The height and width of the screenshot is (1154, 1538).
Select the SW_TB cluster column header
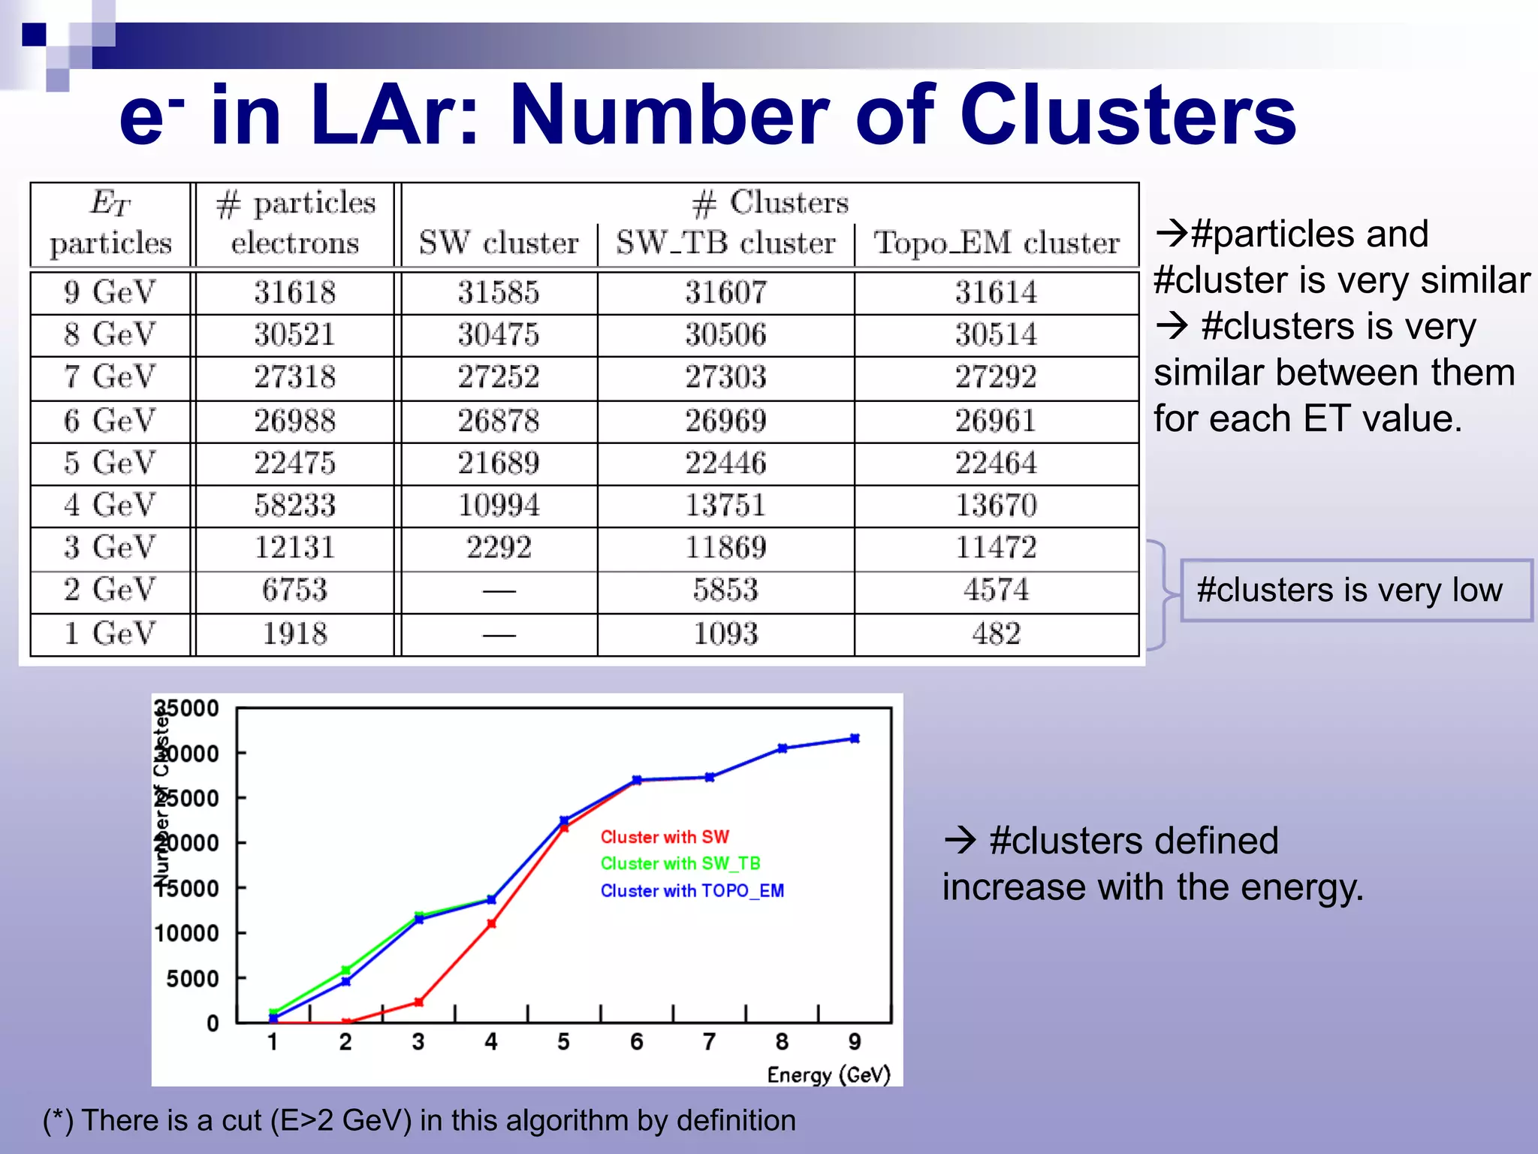click(x=725, y=243)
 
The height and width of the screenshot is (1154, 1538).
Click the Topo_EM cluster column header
click(x=997, y=243)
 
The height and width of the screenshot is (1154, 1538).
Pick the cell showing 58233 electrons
click(x=294, y=505)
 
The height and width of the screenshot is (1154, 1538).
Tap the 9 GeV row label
click(x=110, y=292)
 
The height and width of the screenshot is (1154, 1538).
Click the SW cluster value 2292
click(x=499, y=548)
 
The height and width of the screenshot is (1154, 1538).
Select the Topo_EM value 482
click(x=997, y=634)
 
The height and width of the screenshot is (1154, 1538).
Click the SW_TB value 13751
click(x=725, y=505)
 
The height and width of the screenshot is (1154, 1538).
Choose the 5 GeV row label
click(x=110, y=463)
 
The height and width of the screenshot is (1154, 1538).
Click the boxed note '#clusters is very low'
click(x=1350, y=591)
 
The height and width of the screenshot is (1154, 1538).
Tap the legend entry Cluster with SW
click(x=665, y=837)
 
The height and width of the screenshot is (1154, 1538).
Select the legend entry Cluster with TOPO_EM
click(x=692, y=891)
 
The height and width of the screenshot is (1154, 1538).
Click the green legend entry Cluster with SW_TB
click(x=680, y=864)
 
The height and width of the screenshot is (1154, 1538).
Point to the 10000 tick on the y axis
click(x=187, y=934)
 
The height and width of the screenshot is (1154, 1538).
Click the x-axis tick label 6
click(x=636, y=1042)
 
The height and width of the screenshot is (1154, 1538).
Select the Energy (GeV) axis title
click(x=828, y=1075)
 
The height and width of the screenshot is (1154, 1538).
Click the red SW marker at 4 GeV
click(x=492, y=923)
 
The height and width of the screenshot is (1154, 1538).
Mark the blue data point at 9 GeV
click(x=855, y=739)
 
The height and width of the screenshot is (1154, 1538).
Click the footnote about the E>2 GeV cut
click(x=419, y=1120)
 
